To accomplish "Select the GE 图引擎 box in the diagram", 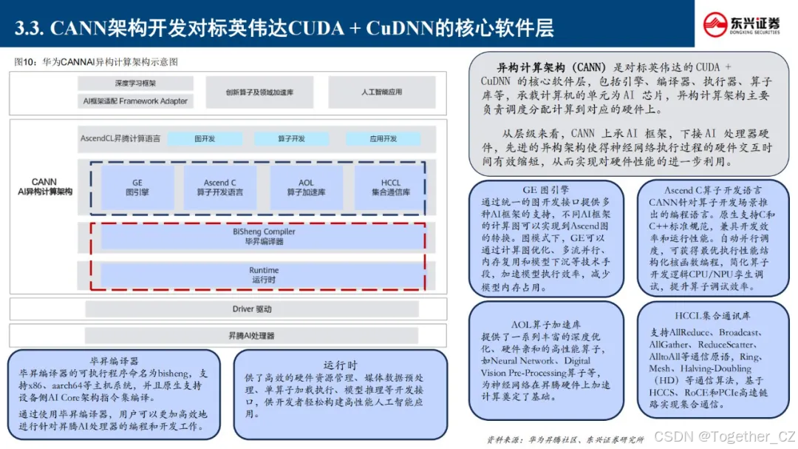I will [x=137, y=188].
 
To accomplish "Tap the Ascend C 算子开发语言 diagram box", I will [x=220, y=188].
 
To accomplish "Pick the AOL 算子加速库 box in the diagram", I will [x=306, y=188].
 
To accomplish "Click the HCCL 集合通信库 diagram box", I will [x=390, y=188].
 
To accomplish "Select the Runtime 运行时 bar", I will [x=264, y=275].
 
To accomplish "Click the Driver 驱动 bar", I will [x=252, y=309].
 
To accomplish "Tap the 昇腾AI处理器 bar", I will [x=251, y=336].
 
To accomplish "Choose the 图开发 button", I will [x=205, y=138].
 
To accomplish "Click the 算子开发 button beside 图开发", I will [x=290, y=138].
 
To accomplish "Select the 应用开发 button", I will [x=383, y=138].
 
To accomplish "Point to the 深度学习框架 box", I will [x=135, y=84].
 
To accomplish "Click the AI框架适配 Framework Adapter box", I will [x=135, y=101].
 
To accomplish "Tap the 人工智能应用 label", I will [x=382, y=92].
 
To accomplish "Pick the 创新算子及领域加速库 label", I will [x=260, y=92].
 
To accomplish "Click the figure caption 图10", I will [x=97, y=61].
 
